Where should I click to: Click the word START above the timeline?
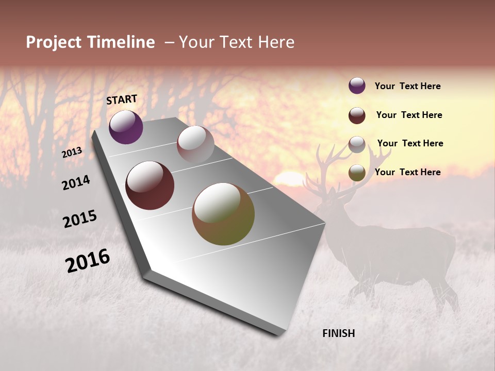(x=122, y=99)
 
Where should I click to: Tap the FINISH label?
(x=338, y=333)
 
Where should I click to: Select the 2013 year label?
(x=72, y=153)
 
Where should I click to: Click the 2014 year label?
(x=76, y=183)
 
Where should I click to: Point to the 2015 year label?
(x=80, y=219)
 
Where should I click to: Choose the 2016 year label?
(x=88, y=261)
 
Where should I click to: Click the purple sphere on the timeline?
(x=126, y=127)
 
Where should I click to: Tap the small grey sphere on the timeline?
(x=195, y=144)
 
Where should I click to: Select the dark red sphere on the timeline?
(x=150, y=185)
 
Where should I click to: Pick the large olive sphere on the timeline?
(x=223, y=214)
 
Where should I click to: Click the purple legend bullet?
(x=357, y=86)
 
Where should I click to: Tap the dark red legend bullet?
(x=357, y=115)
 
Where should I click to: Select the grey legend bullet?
(x=357, y=144)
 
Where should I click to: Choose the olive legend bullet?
(x=357, y=173)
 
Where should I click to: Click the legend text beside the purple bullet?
(x=407, y=87)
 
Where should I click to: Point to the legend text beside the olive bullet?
(x=407, y=172)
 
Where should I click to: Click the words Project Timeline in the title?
(x=90, y=42)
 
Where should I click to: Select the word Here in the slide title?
(x=276, y=42)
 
